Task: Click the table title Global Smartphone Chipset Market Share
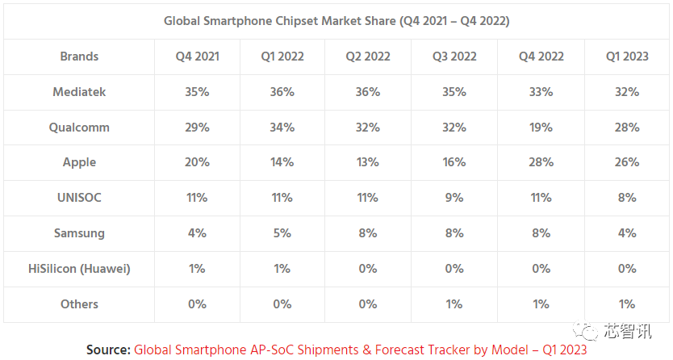pos(336,21)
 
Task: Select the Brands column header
pos(79,57)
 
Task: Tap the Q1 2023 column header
pos(627,57)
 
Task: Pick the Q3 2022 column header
pos(454,57)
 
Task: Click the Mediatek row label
pos(79,92)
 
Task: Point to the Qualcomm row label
pos(79,128)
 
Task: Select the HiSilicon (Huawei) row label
pos(79,269)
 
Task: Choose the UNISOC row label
pos(79,198)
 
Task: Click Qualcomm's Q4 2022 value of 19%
pos(541,128)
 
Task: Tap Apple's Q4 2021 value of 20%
pos(197,162)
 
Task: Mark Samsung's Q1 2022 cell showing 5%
pos(282,233)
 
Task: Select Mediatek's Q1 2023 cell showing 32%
pos(627,92)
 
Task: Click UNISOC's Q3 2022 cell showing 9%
pos(454,198)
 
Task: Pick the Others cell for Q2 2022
pos(368,304)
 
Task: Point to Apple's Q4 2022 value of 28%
pos(541,162)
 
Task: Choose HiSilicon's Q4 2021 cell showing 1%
pos(197,269)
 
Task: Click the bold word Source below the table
pos(108,350)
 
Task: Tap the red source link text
pos(359,350)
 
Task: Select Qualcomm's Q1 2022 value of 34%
pos(282,128)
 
